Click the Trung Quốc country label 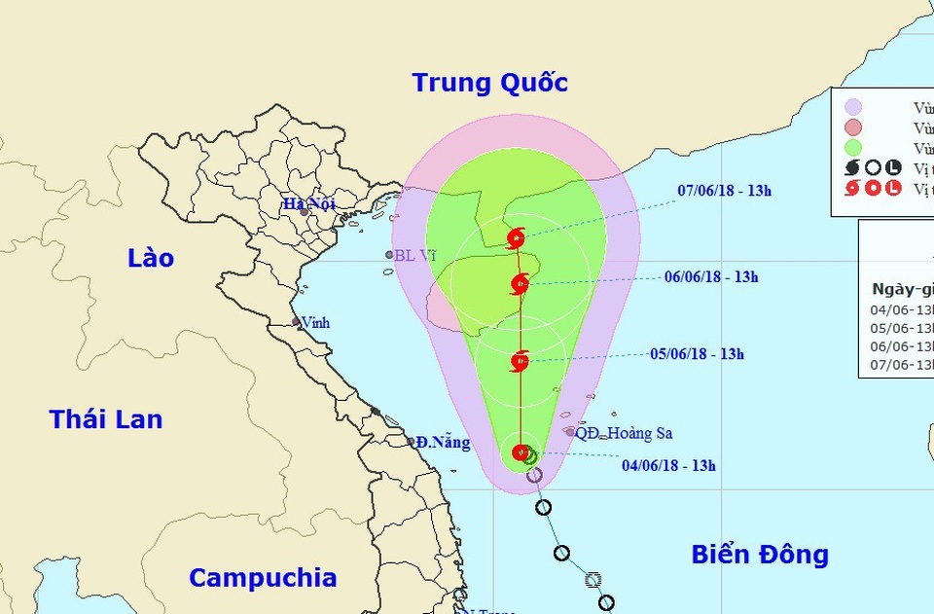coord(489,83)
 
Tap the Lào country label coord(151,258)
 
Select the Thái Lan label coord(106,419)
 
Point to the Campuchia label coord(263,577)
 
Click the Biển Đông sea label coord(760,555)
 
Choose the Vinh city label coord(315,322)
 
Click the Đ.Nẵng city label coord(443,443)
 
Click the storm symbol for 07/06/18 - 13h coord(516,238)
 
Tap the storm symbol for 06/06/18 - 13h coord(520,284)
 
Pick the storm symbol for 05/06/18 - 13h coord(520,362)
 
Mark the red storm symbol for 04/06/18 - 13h coord(521,452)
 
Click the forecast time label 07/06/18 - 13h coord(724,191)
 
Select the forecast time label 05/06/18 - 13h coord(697,354)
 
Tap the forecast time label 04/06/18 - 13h coord(668,465)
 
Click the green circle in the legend coord(853,148)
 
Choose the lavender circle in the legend coord(853,107)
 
